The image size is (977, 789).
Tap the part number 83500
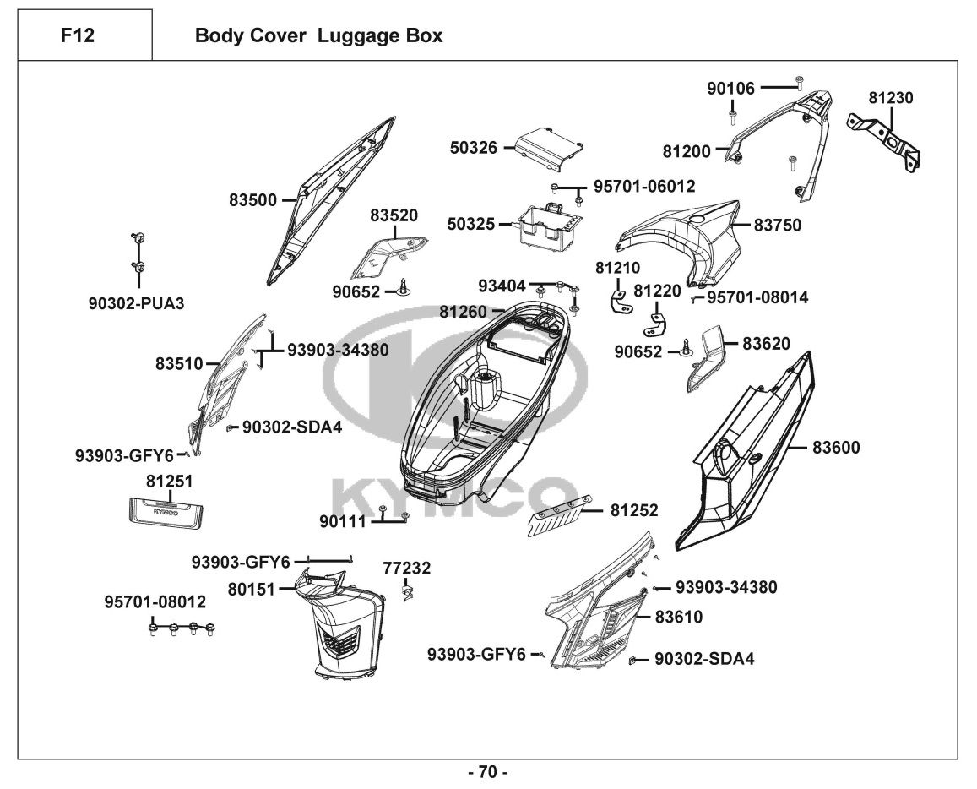(x=252, y=200)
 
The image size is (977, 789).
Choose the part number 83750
(x=778, y=226)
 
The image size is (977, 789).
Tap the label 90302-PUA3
(x=136, y=302)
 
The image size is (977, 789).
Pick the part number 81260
(x=463, y=312)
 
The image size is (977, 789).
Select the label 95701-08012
(x=155, y=601)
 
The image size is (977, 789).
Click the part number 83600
(x=836, y=448)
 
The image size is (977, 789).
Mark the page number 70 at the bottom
(x=488, y=771)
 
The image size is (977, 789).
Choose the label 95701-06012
(x=644, y=186)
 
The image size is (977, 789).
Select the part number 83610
(x=680, y=618)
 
